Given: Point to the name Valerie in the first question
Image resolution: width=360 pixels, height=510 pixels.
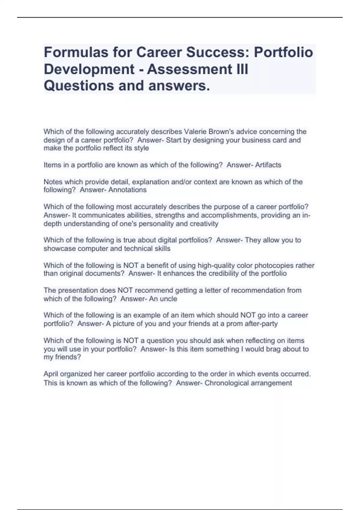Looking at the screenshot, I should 195,132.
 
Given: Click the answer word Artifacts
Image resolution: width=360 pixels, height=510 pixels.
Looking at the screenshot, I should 268,165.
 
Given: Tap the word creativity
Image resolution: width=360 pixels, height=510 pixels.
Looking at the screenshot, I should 204,224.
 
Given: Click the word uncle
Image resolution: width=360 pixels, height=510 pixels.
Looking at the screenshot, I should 169,299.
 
